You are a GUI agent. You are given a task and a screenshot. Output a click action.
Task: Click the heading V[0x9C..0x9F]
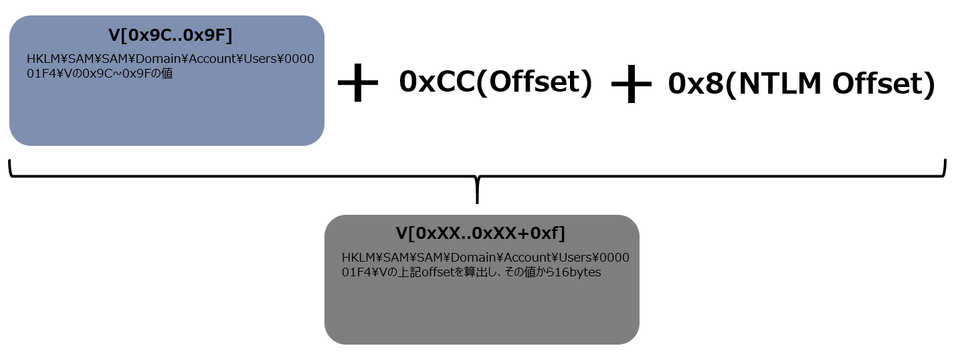pos(171,35)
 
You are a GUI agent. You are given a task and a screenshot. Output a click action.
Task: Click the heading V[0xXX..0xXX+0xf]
pos(480,234)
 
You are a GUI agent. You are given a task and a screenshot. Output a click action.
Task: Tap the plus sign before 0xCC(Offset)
pos(358,83)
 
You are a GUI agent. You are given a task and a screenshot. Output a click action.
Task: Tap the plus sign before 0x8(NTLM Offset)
pos(632,84)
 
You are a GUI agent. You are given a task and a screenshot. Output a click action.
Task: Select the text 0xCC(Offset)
pos(496,82)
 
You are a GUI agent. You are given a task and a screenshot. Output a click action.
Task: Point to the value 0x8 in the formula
pos(696,84)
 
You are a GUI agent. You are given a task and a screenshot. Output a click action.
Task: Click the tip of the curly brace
pos(477,203)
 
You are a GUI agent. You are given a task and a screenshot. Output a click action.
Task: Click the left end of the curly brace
pos(9,161)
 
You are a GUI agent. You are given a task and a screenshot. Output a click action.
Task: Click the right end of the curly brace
pos(945,161)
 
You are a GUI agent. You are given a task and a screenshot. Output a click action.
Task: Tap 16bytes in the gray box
pos(577,272)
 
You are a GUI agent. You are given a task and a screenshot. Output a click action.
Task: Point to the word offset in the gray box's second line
pos(438,272)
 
